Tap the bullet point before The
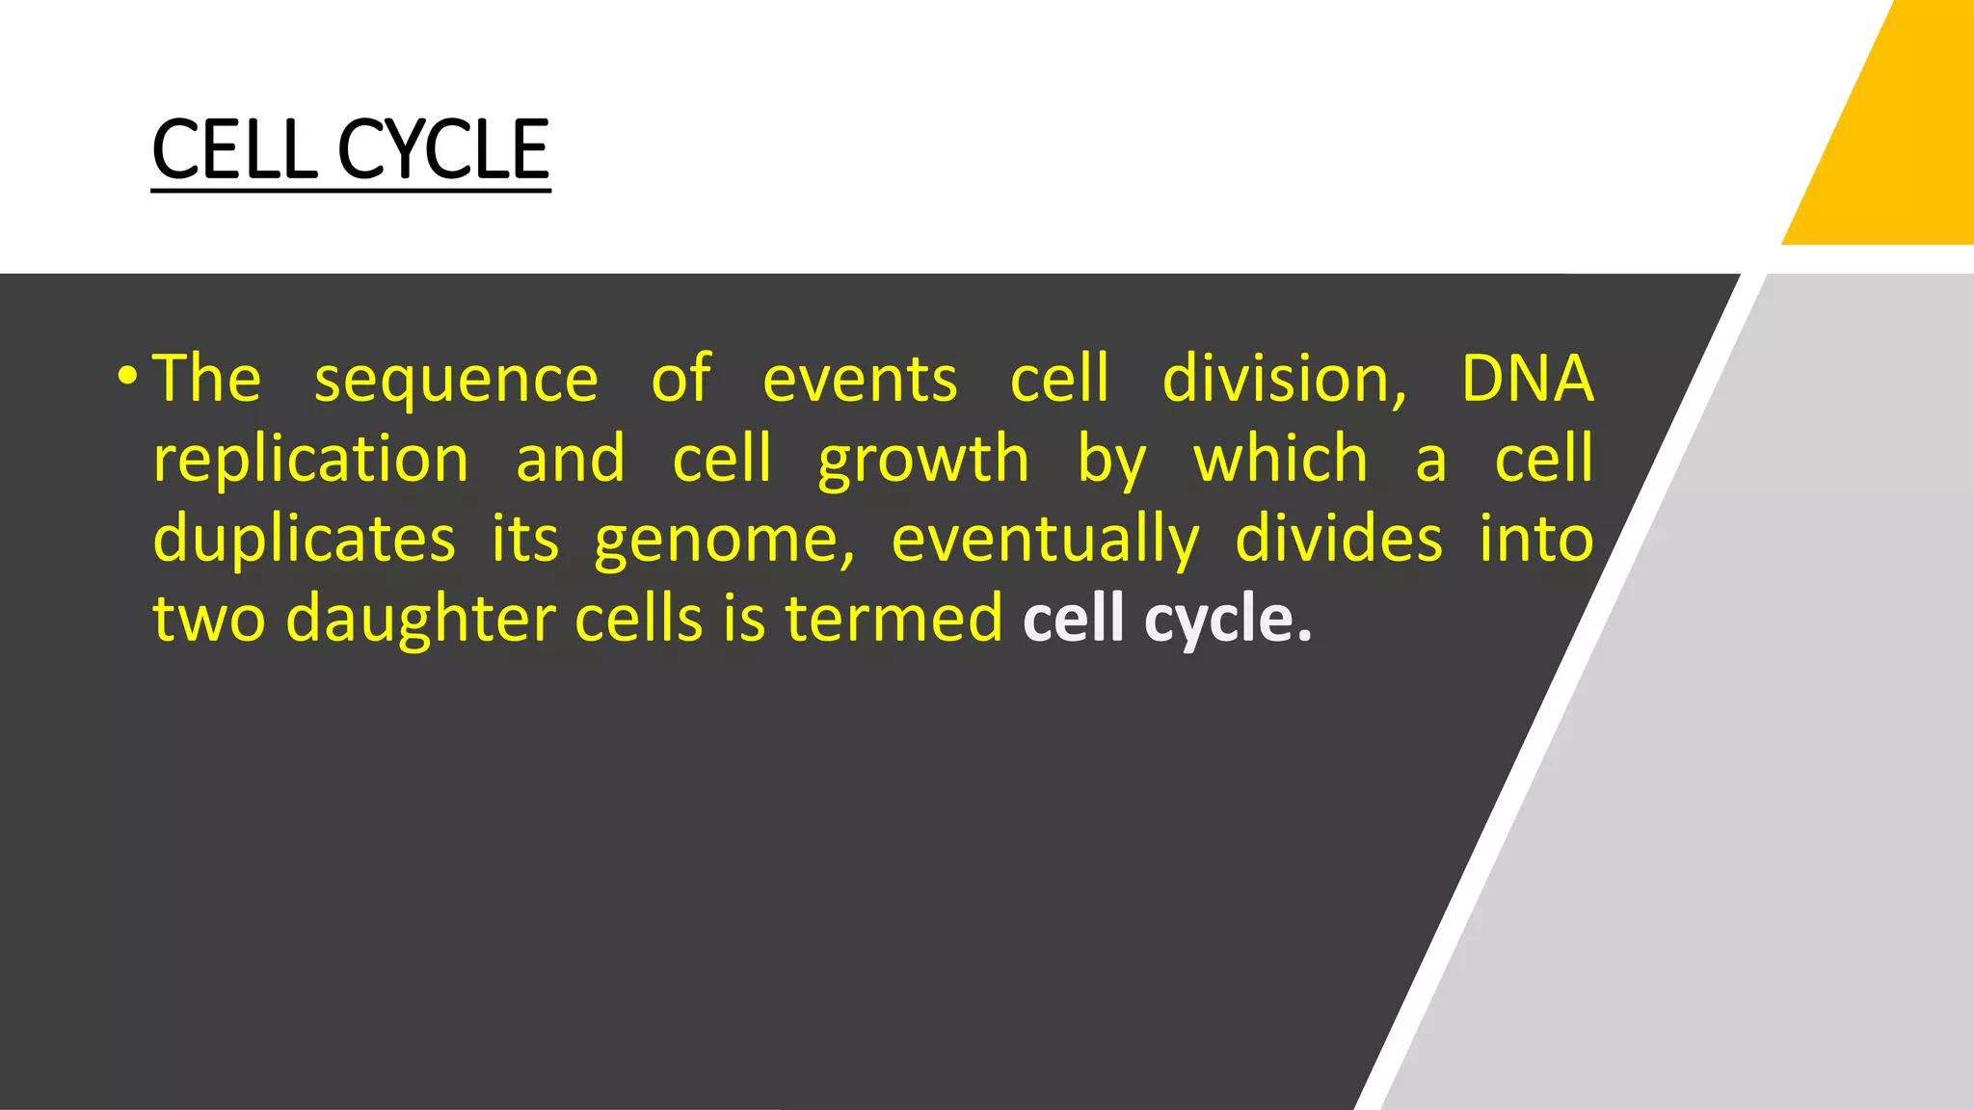tap(127, 375)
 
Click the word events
tap(860, 380)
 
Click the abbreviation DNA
tap(1527, 378)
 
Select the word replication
tap(310, 461)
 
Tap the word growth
tap(923, 461)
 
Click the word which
tap(1281, 459)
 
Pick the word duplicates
tap(304, 540)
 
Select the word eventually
tap(1045, 541)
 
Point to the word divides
tap(1339, 539)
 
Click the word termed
tap(894, 619)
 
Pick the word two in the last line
tap(208, 620)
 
